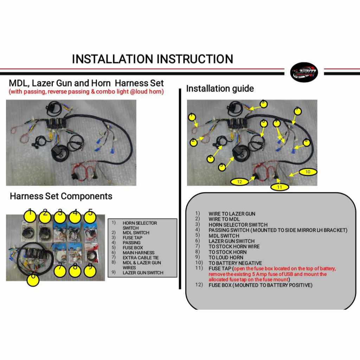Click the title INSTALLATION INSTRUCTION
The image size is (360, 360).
[152, 59]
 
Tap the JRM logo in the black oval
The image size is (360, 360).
[304, 73]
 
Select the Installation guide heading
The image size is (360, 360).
[220, 89]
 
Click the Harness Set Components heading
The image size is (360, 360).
[61, 196]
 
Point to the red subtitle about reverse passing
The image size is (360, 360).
[86, 92]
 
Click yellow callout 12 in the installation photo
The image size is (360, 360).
[239, 182]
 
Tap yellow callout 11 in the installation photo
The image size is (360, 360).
[279, 187]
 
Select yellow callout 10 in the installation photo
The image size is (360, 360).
[308, 172]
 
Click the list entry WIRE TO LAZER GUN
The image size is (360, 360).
[232, 214]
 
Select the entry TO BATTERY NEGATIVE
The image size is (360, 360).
[235, 263]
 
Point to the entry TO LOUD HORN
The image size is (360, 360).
[226, 257]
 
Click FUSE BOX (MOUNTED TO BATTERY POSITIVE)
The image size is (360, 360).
[260, 285]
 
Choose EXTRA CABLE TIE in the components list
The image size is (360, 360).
[141, 258]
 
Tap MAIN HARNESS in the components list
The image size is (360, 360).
[139, 253]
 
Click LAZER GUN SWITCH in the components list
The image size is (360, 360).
[143, 272]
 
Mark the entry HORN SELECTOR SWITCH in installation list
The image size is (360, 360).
[238, 225]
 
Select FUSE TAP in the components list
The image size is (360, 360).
[133, 238]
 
